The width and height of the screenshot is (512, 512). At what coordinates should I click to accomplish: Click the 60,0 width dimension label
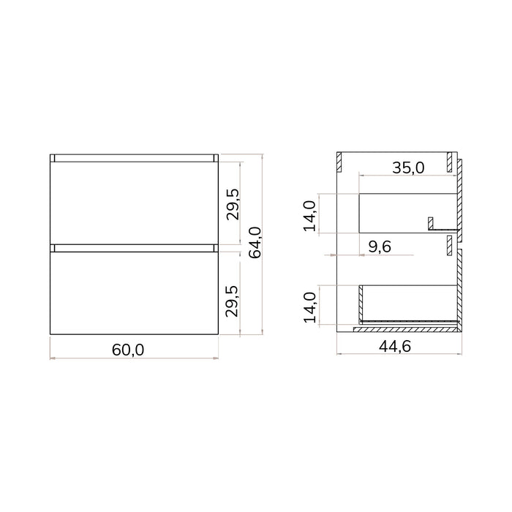[128, 350]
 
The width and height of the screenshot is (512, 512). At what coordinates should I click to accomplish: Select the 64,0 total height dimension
[255, 243]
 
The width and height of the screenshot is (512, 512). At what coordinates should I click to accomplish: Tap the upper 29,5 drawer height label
[233, 204]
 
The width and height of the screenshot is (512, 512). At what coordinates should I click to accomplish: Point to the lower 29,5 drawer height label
[233, 301]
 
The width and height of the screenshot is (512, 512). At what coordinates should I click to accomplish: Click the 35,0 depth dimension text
[408, 167]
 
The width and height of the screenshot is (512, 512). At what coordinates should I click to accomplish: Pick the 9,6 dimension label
[380, 246]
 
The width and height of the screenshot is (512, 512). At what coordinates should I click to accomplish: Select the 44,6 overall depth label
[395, 346]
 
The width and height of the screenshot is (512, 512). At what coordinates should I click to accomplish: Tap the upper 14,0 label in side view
[310, 217]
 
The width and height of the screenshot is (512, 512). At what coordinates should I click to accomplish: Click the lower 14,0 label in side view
[310, 308]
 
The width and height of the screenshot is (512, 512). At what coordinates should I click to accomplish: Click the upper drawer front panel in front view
[134, 203]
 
